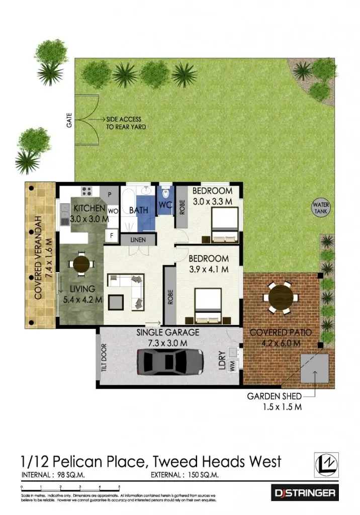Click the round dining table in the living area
click(81, 264)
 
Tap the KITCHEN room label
click(90, 208)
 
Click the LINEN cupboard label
click(138, 240)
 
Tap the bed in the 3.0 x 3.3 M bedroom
click(224, 225)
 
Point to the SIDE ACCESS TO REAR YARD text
click(126, 123)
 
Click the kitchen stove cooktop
click(86, 191)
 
